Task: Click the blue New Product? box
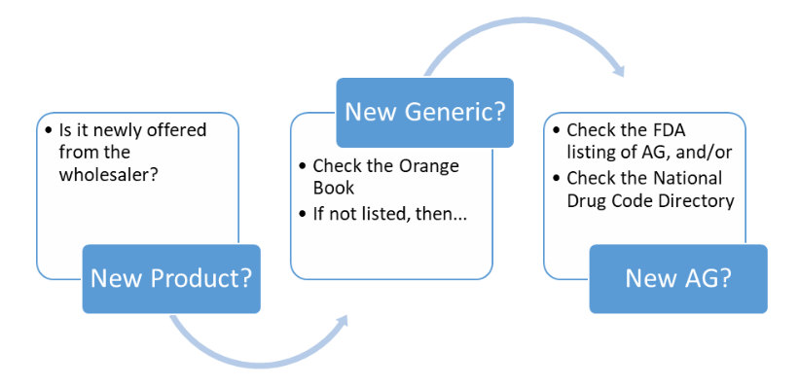171,279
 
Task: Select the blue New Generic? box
425,112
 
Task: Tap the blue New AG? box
678,279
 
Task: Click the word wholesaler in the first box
100,175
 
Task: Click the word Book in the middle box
334,189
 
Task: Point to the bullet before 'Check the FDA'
556,129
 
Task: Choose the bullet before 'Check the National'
556,177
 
